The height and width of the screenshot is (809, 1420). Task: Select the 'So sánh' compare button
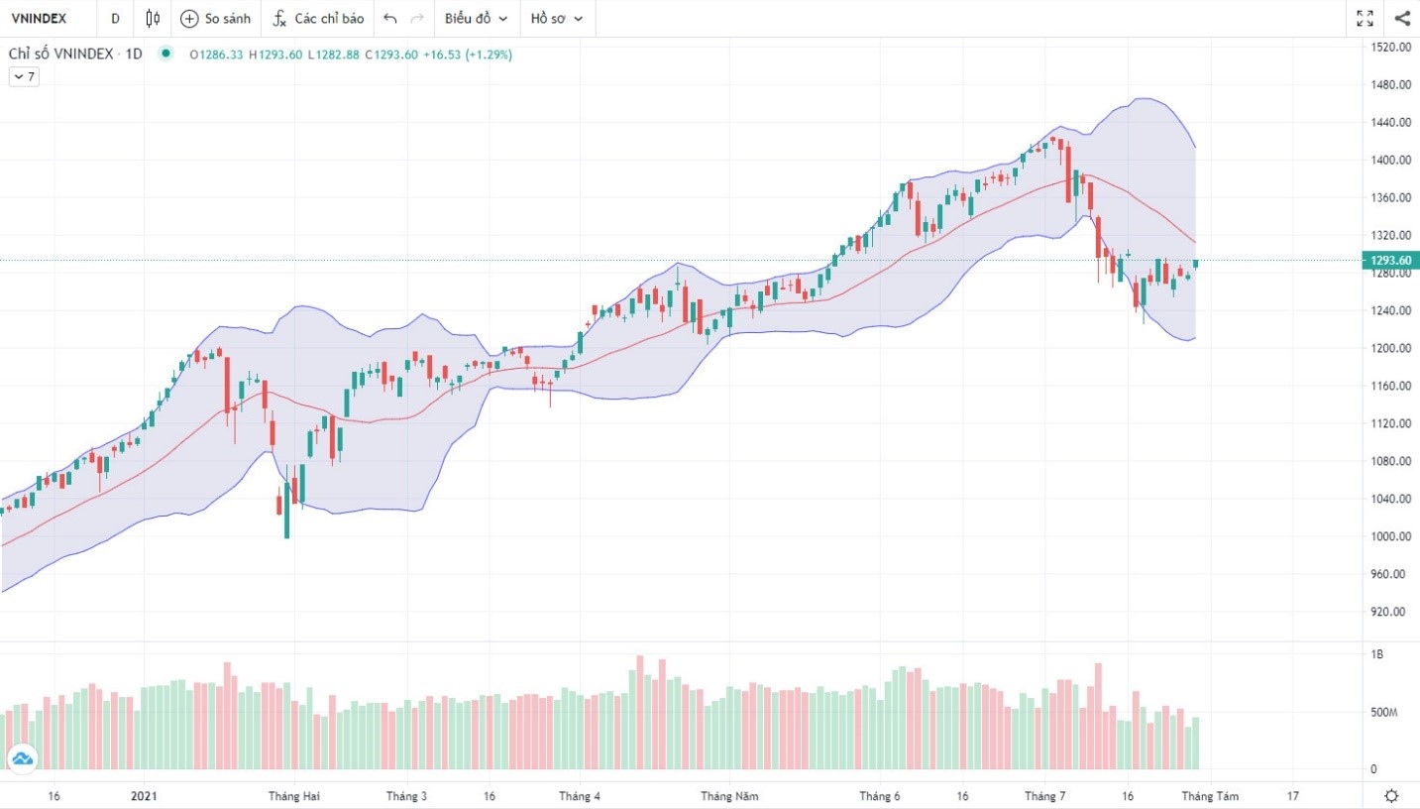[215, 18]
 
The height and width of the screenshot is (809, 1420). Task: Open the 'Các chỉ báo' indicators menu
[318, 18]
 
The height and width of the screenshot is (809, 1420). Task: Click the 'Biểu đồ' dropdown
[476, 18]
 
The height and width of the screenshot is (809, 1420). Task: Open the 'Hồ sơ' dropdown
[556, 18]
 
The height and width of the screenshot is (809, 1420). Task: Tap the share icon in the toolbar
[1402, 18]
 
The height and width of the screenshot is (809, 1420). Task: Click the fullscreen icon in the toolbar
[1365, 18]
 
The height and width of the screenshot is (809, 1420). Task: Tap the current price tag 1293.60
[1390, 261]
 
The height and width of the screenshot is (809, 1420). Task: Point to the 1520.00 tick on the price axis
[1389, 47]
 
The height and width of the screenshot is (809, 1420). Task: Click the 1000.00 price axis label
[1389, 536]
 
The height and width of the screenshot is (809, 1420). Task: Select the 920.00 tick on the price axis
[1389, 612]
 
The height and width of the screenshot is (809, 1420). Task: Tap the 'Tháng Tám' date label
[1209, 795]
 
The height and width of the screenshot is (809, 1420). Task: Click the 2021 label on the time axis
[144, 795]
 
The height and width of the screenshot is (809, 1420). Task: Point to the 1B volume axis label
[1376, 655]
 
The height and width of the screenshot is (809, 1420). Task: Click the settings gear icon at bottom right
[1392, 795]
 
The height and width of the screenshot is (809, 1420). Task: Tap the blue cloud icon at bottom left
[21, 759]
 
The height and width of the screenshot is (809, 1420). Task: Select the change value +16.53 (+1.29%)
[467, 55]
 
